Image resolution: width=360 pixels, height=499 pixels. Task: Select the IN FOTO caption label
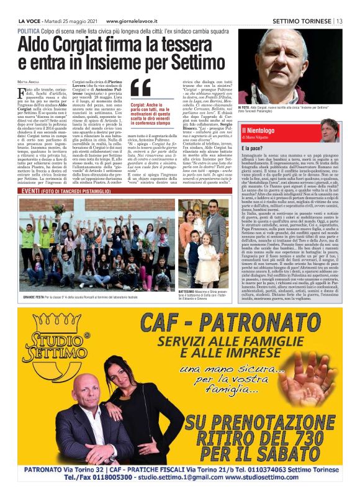tap(245, 108)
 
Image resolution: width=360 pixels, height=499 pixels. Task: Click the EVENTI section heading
tap(31, 191)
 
